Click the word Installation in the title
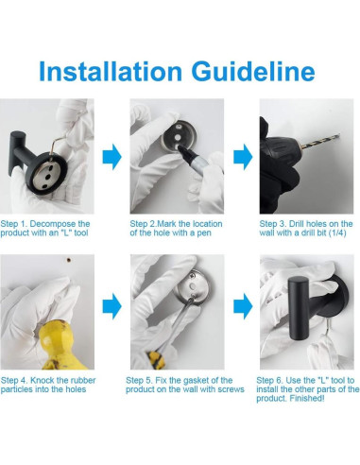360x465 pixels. click(111, 71)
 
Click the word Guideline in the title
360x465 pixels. click(253, 71)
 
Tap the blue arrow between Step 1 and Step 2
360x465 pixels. click(111, 157)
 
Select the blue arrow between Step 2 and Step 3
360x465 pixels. click(243, 157)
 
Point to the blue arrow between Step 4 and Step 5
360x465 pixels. click(111, 306)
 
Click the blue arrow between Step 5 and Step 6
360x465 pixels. click(243, 306)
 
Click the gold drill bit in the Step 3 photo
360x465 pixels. click(320, 141)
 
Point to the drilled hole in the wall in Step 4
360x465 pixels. click(68, 260)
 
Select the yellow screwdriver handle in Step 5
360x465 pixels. click(156, 360)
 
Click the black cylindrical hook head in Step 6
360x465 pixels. click(298, 308)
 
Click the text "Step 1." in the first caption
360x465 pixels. click(14, 224)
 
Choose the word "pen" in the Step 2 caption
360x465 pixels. click(204, 233)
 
